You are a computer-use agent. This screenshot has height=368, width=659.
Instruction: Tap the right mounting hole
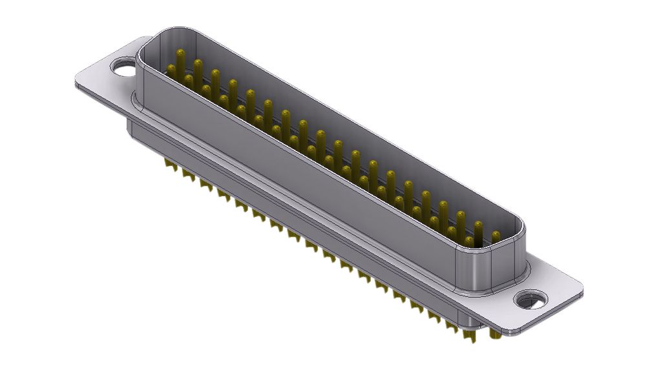[x=532, y=300]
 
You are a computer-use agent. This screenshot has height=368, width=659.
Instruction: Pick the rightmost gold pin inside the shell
[x=496, y=237]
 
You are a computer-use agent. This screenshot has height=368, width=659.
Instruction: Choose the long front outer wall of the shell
[x=291, y=168]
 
